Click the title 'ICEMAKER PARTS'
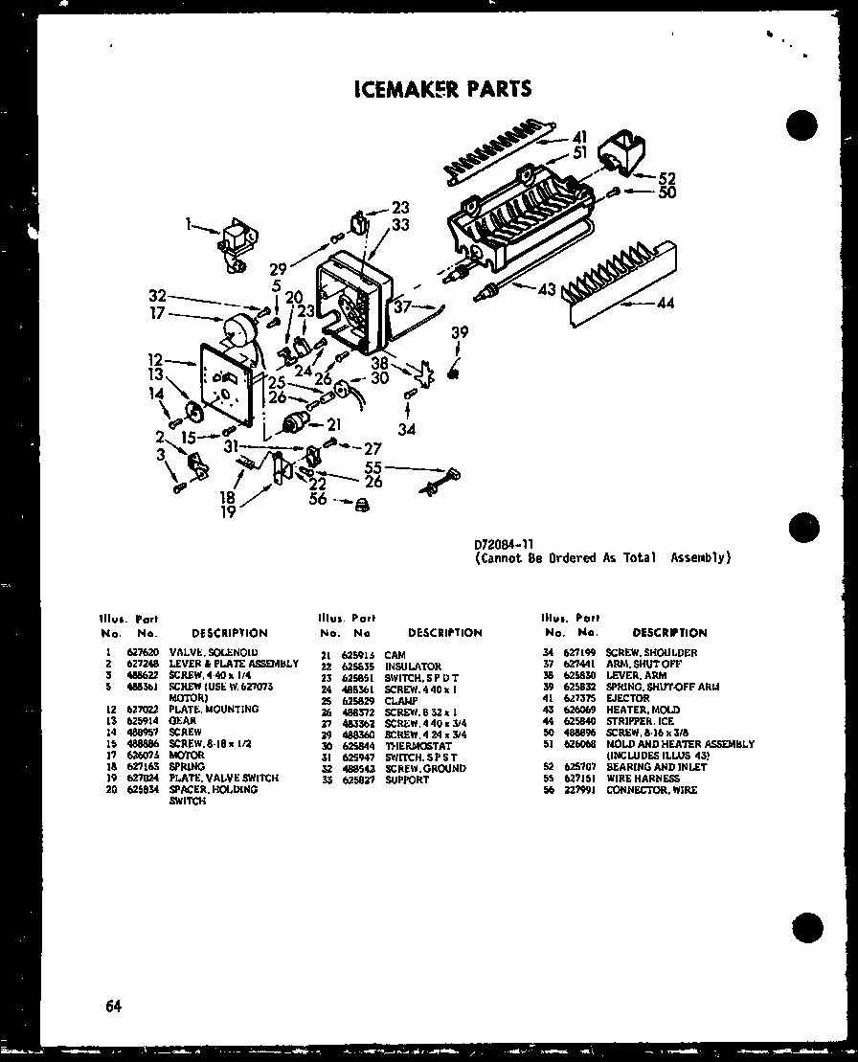(441, 89)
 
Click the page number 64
(114, 1006)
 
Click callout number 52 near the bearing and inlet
(666, 177)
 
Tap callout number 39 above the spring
(461, 331)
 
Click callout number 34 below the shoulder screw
(407, 430)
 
